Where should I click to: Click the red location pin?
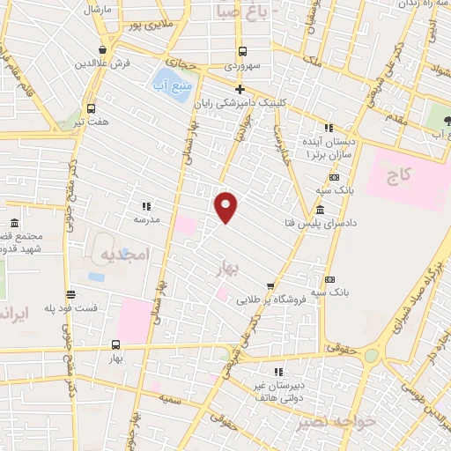point(226,207)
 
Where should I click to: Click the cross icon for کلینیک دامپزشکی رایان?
point(240,89)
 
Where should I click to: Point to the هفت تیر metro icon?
point(91,108)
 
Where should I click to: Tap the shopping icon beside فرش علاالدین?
point(104,49)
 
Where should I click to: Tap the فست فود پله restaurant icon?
point(70,295)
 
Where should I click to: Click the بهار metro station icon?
point(116,344)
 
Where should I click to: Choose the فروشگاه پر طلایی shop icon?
point(270,285)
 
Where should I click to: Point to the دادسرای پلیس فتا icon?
point(318,210)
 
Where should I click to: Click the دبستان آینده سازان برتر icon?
point(329,127)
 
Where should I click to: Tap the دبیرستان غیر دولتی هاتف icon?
point(282,373)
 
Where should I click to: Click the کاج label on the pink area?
point(404,176)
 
